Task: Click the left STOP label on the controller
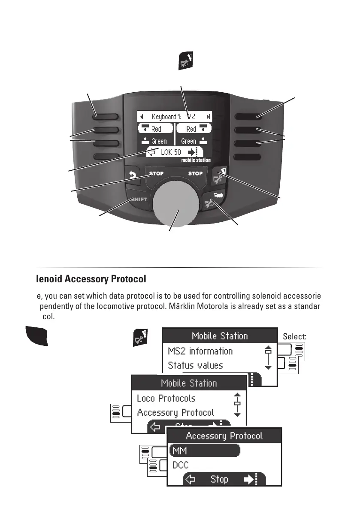156,174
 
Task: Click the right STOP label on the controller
195,174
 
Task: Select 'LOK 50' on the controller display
172,152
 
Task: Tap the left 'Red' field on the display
155,129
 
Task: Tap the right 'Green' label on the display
189,141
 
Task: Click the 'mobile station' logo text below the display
196,160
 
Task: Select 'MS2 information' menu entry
200,351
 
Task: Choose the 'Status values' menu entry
195,366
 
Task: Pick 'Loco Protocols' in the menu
166,398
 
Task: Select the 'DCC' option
180,465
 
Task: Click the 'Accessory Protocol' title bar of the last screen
224,436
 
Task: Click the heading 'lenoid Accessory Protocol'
91,279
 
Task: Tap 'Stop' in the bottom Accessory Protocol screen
219,479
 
